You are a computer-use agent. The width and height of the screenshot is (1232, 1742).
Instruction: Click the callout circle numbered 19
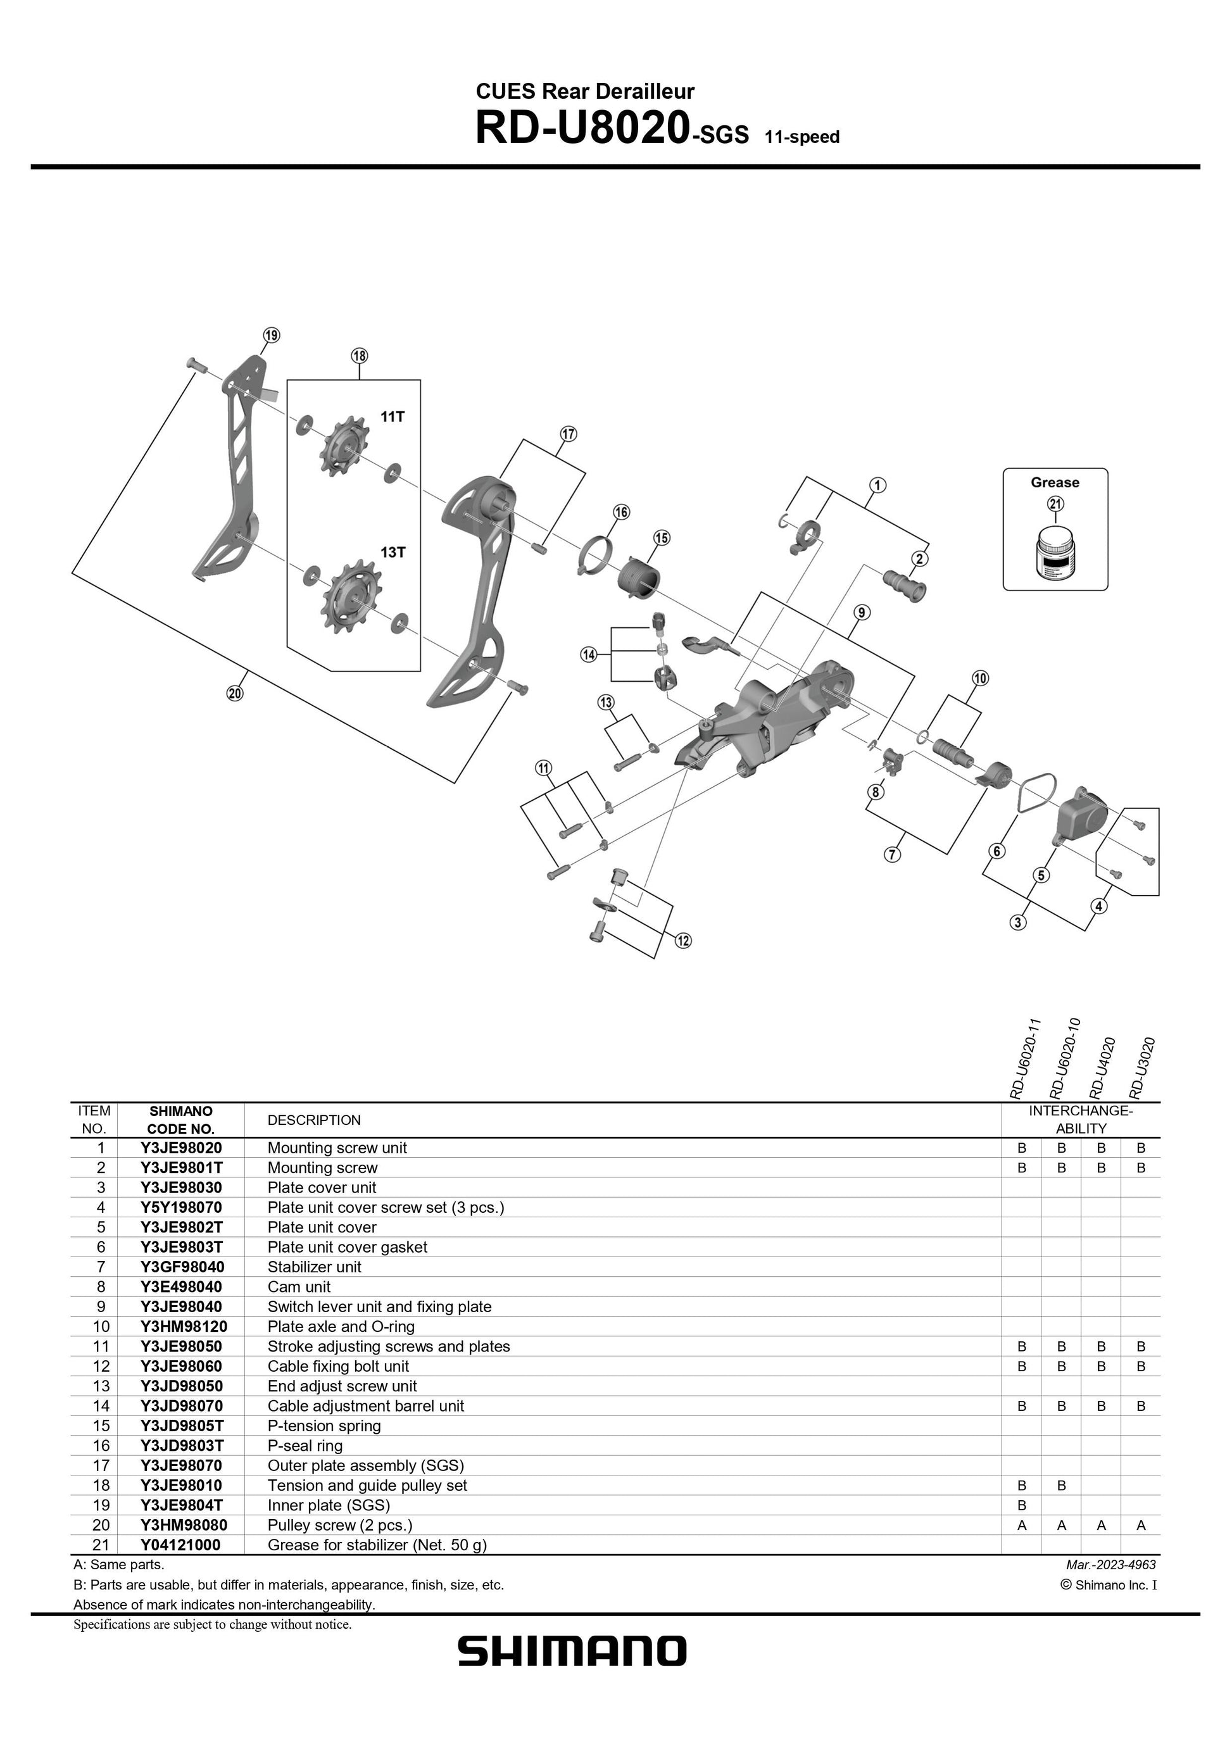click(x=271, y=335)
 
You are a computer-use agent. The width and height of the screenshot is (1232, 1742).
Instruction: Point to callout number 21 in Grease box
click(x=1055, y=504)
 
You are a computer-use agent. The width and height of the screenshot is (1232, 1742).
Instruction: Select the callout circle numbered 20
click(x=235, y=692)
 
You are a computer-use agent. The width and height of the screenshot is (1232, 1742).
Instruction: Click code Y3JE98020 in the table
click(x=180, y=1148)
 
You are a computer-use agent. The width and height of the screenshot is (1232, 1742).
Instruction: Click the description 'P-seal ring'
click(x=305, y=1445)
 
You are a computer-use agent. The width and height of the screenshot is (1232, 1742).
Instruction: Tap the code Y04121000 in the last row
click(x=180, y=1545)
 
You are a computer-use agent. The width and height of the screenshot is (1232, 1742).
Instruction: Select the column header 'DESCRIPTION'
click(x=314, y=1120)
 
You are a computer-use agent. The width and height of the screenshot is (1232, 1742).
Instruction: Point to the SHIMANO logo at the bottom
click(x=572, y=1651)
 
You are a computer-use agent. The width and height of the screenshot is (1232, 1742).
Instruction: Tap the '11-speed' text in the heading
click(x=802, y=137)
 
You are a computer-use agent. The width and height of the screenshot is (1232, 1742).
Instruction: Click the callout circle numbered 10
click(x=980, y=679)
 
